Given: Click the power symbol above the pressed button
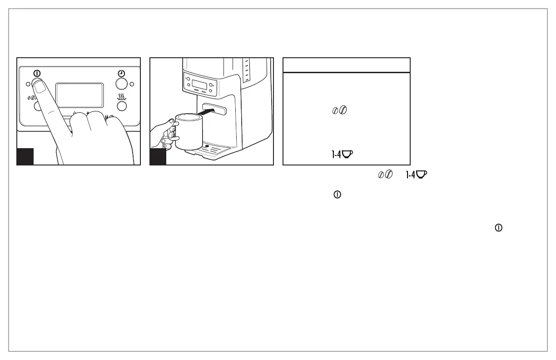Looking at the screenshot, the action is click(37, 73).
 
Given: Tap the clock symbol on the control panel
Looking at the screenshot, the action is click(122, 73).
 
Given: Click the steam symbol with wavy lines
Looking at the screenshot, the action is click(122, 96).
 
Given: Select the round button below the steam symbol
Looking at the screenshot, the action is click(122, 106).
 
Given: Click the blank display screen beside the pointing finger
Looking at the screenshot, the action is click(79, 95).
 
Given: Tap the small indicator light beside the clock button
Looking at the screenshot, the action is click(132, 84).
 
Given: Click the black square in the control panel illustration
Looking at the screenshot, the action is click(25, 156).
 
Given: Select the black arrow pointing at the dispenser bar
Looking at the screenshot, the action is click(211, 110).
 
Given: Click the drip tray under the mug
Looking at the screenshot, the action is click(213, 150).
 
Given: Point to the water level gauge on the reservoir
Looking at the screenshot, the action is click(247, 70).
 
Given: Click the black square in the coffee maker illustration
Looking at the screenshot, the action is click(158, 156).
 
